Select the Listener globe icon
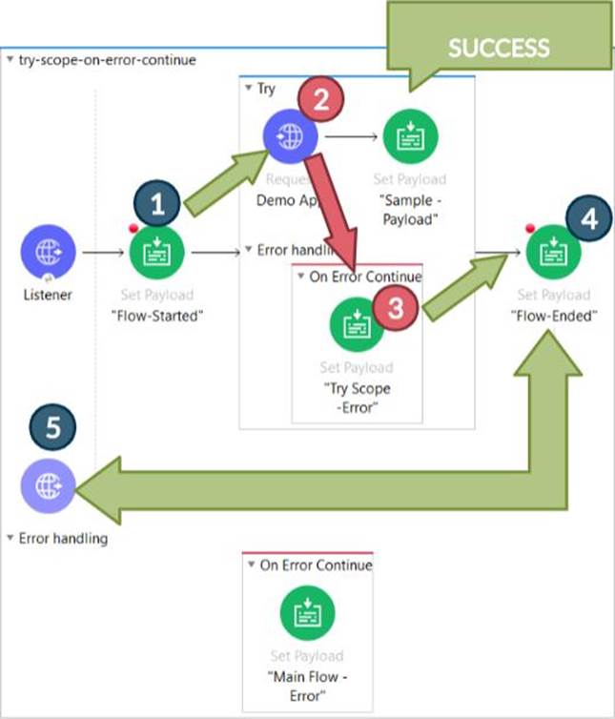click(x=47, y=255)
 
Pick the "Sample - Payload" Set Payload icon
click(x=408, y=138)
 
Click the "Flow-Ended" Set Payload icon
click(x=554, y=254)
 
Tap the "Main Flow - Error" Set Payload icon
click(x=307, y=612)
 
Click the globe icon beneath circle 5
click(x=48, y=486)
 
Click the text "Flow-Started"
click(x=154, y=317)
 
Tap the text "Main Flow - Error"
click(x=307, y=685)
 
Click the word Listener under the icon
click(x=47, y=295)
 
